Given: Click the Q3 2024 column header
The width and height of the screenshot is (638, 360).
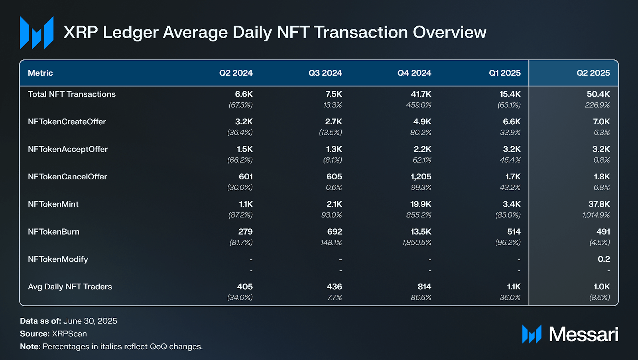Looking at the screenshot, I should click(325, 73).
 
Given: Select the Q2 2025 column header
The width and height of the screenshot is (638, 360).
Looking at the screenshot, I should click(593, 73).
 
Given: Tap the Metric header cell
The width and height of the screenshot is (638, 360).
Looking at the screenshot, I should click(40, 73).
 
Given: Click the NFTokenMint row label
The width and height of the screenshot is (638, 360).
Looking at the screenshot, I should click(53, 204).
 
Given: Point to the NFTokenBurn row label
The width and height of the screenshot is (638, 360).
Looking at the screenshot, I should click(53, 232).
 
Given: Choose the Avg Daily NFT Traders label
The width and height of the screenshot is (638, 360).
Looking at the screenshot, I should click(70, 287).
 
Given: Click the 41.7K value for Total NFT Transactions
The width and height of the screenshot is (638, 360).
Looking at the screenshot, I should click(421, 94).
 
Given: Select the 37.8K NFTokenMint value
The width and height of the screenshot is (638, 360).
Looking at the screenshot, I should click(599, 204).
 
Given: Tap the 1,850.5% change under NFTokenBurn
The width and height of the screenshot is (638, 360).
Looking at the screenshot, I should click(417, 242).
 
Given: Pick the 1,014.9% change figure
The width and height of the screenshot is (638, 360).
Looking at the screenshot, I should click(596, 215).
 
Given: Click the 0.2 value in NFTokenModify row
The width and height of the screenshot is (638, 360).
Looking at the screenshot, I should click(604, 259).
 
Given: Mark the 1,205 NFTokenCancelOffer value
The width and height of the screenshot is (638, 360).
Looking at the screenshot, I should click(421, 177).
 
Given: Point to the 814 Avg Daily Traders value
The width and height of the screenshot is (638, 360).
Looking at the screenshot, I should click(424, 287).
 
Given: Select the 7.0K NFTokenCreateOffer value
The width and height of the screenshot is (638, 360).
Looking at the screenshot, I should click(601, 122).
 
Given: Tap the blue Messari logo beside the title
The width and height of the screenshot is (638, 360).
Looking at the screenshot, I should click(37, 33).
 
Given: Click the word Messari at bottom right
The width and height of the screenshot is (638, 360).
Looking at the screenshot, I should click(583, 334).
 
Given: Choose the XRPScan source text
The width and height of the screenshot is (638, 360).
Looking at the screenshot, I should click(69, 334).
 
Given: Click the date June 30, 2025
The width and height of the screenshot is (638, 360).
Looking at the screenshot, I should click(90, 321).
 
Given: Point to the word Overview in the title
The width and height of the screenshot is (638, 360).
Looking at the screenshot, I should click(449, 32).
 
